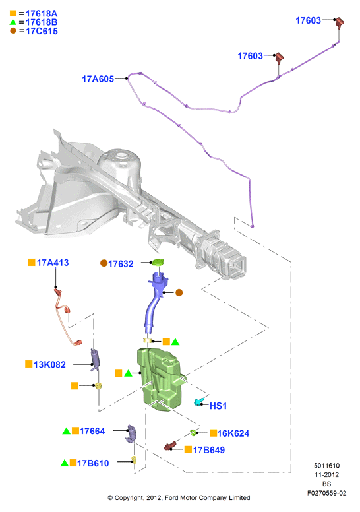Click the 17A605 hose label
click(x=98, y=79)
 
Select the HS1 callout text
click(x=218, y=406)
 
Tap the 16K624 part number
click(x=233, y=433)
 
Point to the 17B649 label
click(x=209, y=450)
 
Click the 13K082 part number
click(x=49, y=364)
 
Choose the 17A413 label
click(x=53, y=263)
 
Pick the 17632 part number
click(x=121, y=264)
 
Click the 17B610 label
click(x=93, y=463)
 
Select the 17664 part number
click(x=92, y=431)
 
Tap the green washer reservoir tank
click(x=160, y=379)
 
